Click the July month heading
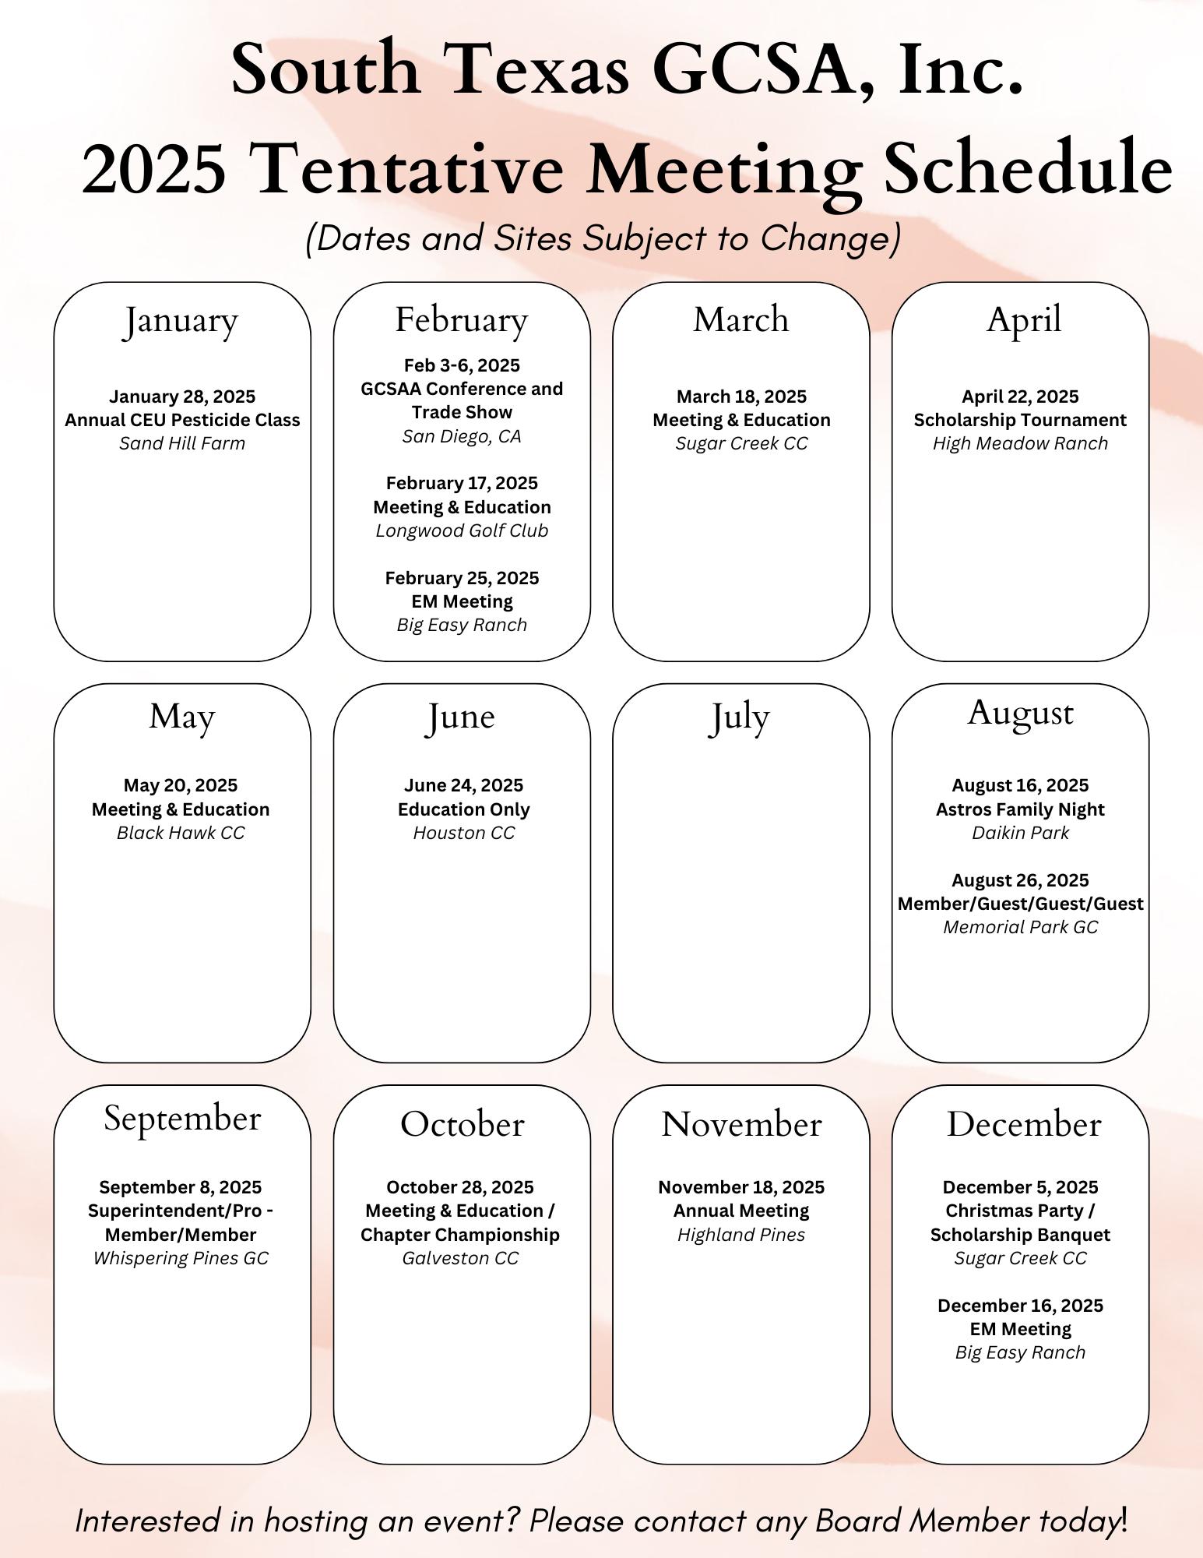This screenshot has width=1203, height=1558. click(739, 717)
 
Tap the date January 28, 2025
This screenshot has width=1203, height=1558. click(182, 397)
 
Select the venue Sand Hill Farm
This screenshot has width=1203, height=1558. click(182, 443)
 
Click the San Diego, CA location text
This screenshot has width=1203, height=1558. click(462, 436)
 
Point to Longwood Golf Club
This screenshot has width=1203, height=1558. click(462, 530)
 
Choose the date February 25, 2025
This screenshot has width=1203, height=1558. click(462, 578)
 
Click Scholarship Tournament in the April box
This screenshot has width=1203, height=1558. click(1020, 420)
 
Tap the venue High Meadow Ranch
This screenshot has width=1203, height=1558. click(1020, 443)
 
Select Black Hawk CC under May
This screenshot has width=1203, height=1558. click(181, 833)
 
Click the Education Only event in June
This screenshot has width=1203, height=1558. click(464, 809)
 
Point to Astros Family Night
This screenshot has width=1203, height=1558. click(1020, 809)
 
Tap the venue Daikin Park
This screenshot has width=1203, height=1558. click(1020, 833)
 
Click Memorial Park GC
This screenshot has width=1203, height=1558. click(1020, 927)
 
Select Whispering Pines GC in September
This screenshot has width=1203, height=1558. click(181, 1258)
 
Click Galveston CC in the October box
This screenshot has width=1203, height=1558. click(460, 1258)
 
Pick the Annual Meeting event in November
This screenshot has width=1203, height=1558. click(741, 1211)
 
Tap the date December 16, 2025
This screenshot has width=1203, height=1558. click(1020, 1306)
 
